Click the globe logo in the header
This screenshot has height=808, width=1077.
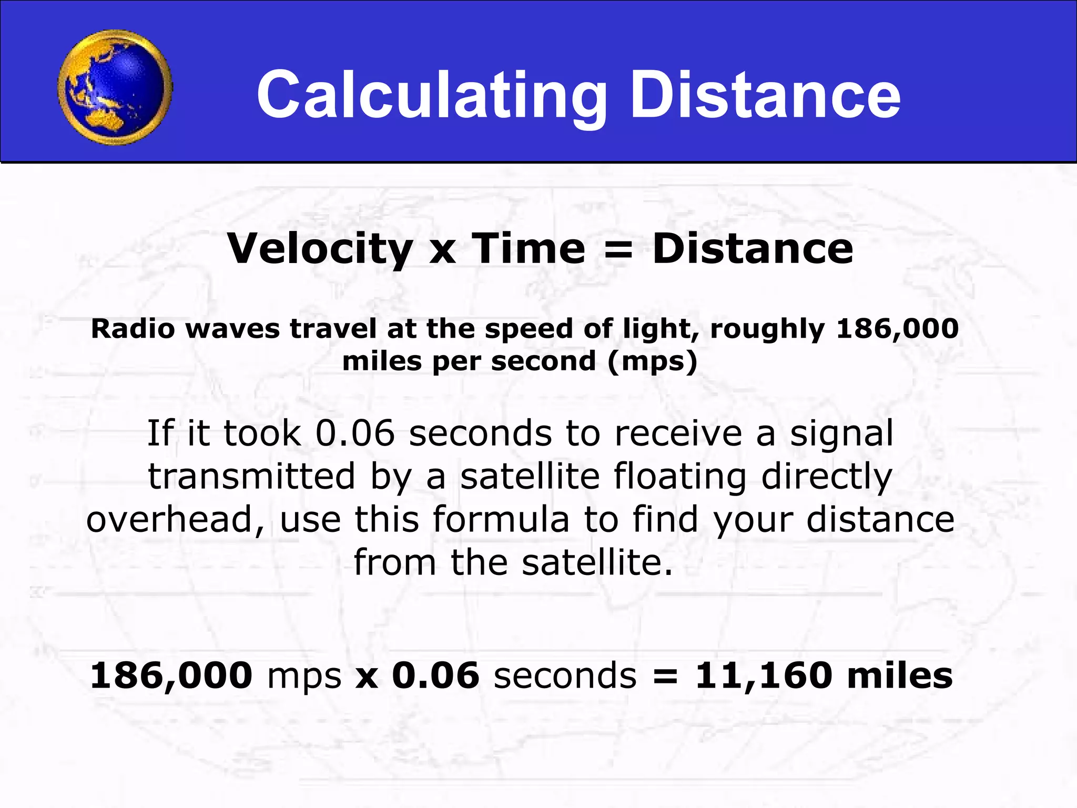point(115,87)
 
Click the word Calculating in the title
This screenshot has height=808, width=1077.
point(431,96)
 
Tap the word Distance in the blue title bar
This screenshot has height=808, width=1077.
point(765,96)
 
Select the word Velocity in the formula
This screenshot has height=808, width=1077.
point(320,248)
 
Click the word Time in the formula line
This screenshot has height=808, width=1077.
point(528,248)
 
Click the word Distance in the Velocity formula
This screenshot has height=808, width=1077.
point(753,248)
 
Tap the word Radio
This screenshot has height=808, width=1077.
point(133,329)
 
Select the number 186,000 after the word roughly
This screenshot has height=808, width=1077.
point(898,329)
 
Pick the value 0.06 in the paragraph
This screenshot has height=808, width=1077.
point(355,433)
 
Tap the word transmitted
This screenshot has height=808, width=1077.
point(251,477)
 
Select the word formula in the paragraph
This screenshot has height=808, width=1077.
point(501,519)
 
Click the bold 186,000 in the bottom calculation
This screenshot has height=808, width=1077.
point(171,675)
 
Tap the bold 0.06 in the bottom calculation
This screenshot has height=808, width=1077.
point(436,675)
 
